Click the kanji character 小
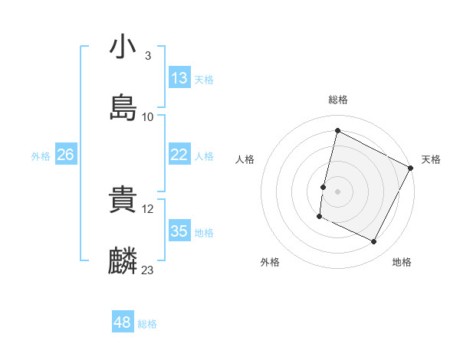pos(123,47)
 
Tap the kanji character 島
pos(123,108)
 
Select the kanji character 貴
pos(123,201)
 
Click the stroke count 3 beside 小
pos(147,56)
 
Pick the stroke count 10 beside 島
pos(148,117)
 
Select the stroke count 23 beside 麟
pos(148,270)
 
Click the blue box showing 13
pos(179,78)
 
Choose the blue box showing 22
pos(179,155)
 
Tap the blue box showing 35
pos(179,231)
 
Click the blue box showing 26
pos(66,155)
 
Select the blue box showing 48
pos(123,322)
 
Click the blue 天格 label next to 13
pos(204,80)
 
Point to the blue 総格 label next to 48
pos(147,324)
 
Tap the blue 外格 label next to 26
pos(41,156)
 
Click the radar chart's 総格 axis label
pos(338,100)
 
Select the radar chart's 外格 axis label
pos(270,263)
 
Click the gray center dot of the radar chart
pos(338,190)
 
